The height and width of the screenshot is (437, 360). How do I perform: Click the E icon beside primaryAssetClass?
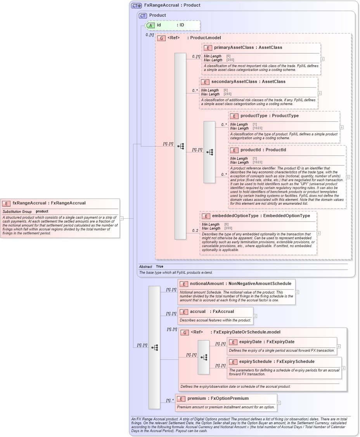pyautogui.click(x=208, y=48)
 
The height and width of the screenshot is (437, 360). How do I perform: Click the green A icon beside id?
pyautogui.click(x=150, y=25)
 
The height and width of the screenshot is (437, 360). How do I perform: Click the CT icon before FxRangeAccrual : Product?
pyautogui.click(x=136, y=5)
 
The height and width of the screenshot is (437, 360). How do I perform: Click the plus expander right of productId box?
pyautogui.click(x=348, y=177)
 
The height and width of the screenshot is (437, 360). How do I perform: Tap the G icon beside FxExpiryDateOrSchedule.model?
pyautogui.click(x=185, y=332)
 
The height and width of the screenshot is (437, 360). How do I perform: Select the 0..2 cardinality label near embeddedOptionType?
pyautogui.click(x=196, y=231)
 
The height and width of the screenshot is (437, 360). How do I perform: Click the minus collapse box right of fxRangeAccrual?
pyautogui.click(x=121, y=218)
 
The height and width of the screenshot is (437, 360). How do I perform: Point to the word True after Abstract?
pyautogui.click(x=159, y=267)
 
